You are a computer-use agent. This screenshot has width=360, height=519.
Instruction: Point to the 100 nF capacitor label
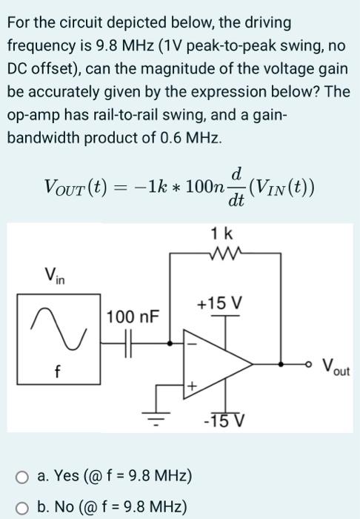coord(132,317)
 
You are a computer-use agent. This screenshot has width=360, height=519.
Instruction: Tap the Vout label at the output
coord(340,366)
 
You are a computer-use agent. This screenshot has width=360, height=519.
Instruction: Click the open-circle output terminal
coord(311,365)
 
